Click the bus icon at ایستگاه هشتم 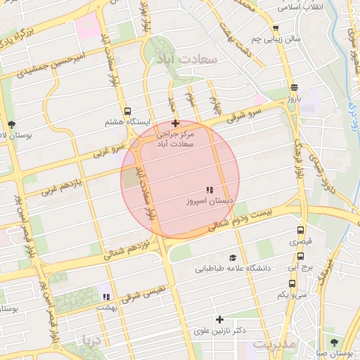pyautogui.click(x=127, y=111)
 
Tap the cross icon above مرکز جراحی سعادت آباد pyautogui.click(x=175, y=123)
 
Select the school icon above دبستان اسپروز pyautogui.click(x=209, y=190)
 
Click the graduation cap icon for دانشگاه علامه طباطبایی pyautogui.click(x=232, y=258)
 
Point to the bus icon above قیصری pyautogui.click(x=301, y=231)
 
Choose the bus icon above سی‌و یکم pyautogui.click(x=292, y=284)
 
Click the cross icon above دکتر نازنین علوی pyautogui.click(x=219, y=320)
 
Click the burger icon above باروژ pyautogui.click(x=293, y=88)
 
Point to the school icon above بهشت pyautogui.click(x=106, y=297)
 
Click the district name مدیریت pyautogui.click(x=274, y=345)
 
